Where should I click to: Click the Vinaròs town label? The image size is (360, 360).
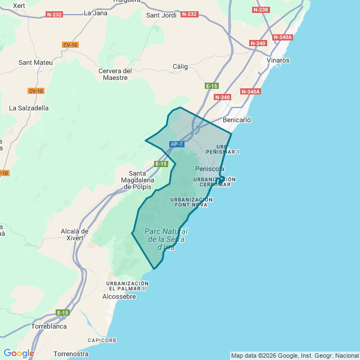point(278,60)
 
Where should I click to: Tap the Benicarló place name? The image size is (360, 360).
point(237,120)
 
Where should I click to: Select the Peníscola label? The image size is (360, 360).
point(210,169)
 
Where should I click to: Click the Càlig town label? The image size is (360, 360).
point(180,66)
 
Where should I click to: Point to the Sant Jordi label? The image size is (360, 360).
point(161,15)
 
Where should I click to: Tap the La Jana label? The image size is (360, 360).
point(95,12)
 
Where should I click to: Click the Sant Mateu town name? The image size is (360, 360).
point(35,62)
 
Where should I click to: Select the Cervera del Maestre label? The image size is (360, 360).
point(115,74)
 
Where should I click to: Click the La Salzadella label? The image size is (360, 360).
point(29,107)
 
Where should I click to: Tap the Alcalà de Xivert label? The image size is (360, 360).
point(74,235)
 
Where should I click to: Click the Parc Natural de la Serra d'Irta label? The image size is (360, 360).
point(166,239)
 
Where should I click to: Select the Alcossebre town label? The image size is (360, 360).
point(119,296)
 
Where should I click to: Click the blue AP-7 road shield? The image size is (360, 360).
point(177,145)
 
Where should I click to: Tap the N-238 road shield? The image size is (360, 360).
point(260,10)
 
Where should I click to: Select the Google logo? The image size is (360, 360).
point(19,353)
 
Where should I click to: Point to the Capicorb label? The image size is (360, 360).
point(102,340)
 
